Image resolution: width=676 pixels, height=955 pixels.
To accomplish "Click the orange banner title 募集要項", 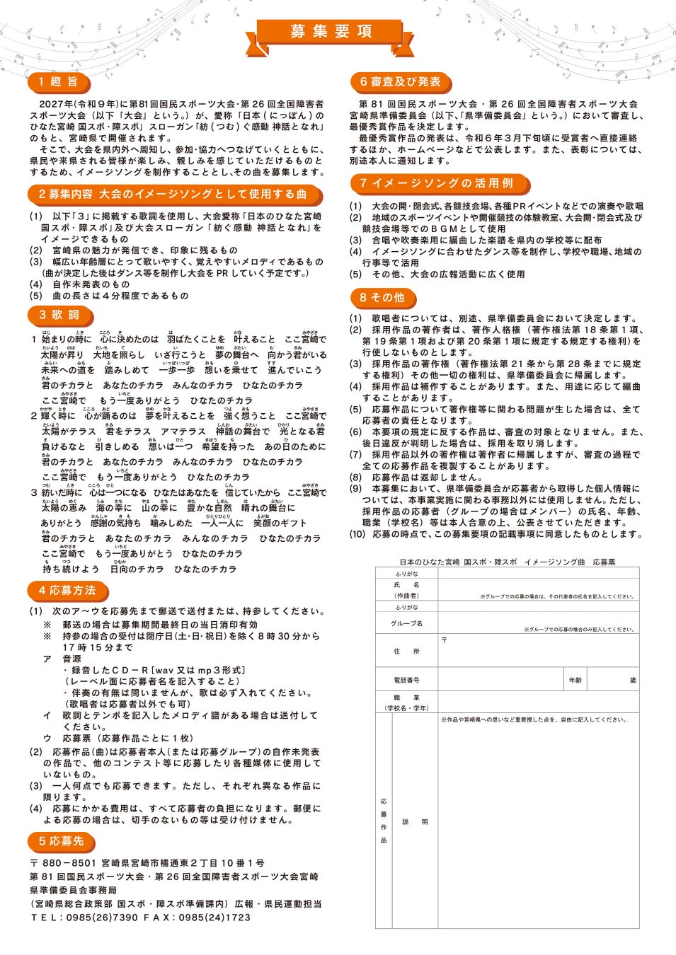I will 331,31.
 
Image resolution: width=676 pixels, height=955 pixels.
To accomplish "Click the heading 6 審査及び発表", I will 400,82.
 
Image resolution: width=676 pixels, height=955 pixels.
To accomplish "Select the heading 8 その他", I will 382,298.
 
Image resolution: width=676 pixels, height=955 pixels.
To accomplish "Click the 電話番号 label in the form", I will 406,680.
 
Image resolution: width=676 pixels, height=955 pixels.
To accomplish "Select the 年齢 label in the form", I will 575,680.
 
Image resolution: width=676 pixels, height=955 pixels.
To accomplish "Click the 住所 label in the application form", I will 406,651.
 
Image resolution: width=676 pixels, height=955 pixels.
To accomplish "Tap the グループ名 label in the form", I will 406,623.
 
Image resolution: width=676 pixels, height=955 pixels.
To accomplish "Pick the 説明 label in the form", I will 415,821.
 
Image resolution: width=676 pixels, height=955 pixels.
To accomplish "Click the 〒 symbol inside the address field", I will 444,640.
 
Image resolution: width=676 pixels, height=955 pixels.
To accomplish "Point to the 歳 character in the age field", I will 633,680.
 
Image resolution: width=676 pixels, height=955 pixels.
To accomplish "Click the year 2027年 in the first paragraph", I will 56,104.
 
